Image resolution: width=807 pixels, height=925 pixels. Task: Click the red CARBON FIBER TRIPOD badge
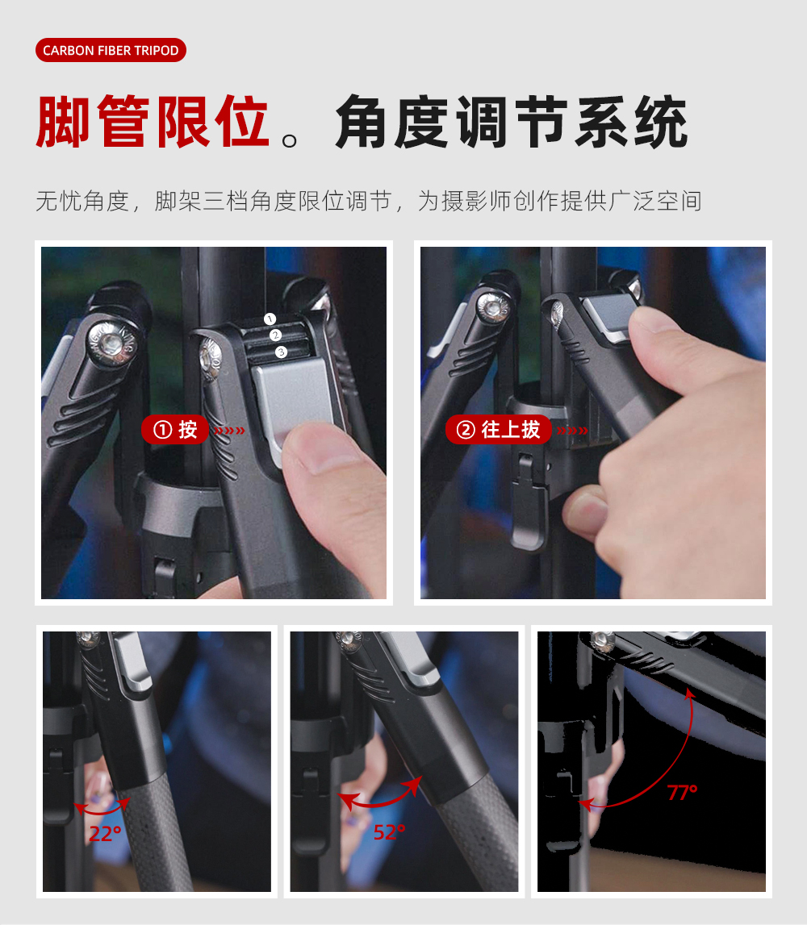(x=111, y=50)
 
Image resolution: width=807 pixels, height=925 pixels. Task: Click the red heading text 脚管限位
(x=153, y=122)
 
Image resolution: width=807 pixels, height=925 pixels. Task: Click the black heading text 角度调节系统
(x=512, y=122)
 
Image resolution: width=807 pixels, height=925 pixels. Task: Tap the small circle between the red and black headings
(x=290, y=140)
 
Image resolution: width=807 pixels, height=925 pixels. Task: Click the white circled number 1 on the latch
(x=270, y=319)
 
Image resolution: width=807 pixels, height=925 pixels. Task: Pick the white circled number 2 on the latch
(x=275, y=335)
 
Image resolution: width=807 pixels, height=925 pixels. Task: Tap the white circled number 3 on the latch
(x=281, y=352)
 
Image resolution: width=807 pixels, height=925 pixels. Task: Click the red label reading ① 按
(x=175, y=430)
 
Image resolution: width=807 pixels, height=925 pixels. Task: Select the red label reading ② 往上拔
(x=499, y=430)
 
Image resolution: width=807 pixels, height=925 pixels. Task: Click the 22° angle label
(x=105, y=834)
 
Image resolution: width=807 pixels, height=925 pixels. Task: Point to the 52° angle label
(x=390, y=832)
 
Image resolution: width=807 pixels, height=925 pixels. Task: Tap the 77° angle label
(x=683, y=792)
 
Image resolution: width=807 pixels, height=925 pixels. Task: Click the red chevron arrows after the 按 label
(x=230, y=431)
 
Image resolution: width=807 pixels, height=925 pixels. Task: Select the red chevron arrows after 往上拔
(x=573, y=431)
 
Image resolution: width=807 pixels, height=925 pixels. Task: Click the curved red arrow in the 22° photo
(x=102, y=813)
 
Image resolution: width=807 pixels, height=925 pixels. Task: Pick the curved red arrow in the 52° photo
(x=378, y=804)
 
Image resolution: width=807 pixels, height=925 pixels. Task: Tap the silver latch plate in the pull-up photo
(x=611, y=318)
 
